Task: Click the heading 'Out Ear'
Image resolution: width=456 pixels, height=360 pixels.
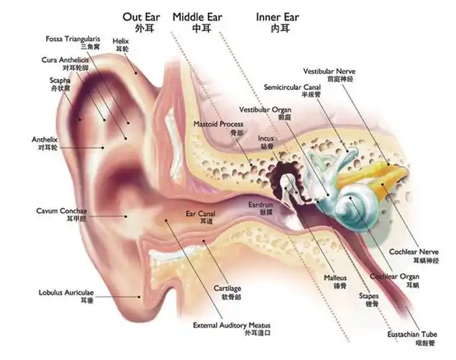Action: (x=141, y=16)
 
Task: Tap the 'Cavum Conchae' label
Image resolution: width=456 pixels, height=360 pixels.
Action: (x=60, y=211)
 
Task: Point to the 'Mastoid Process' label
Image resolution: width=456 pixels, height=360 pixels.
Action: (x=219, y=125)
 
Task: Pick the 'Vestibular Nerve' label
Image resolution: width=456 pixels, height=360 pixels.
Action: (x=329, y=72)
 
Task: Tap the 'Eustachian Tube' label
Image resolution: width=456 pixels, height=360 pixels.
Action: (x=419, y=335)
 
